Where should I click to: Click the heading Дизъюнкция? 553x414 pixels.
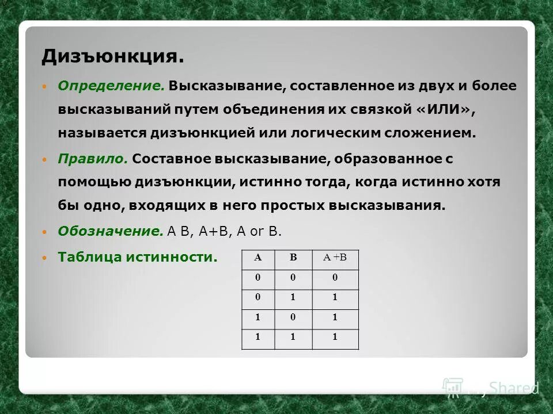pos(112,57)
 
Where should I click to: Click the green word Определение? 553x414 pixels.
pos(111,86)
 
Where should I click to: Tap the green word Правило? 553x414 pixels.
pos(92,159)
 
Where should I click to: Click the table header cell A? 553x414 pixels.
pos(258,258)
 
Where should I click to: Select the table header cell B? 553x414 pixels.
pos(294,258)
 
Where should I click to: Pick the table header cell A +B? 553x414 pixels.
pos(335,258)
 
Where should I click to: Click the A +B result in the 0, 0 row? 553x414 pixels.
pos(335,278)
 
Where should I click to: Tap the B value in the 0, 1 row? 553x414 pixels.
pos(294,298)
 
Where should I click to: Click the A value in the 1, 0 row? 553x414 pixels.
pos(258,317)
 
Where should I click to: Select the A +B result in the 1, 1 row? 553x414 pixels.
pos(335,338)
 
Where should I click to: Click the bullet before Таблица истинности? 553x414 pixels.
pos(46,258)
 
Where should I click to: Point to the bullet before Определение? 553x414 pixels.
pos(46,86)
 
